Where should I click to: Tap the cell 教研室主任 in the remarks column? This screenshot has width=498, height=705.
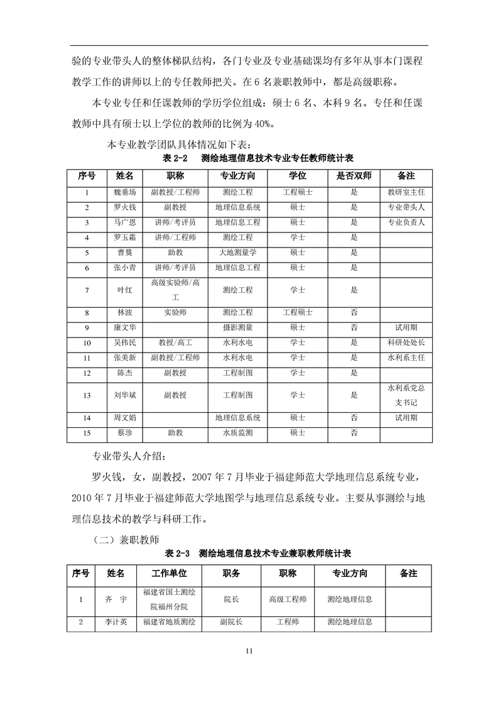(x=406, y=193)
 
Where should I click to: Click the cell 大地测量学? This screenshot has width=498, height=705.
(x=238, y=253)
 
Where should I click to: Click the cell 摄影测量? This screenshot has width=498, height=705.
(x=238, y=327)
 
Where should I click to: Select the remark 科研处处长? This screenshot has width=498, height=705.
(x=406, y=342)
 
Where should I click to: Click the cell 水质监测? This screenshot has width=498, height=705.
(x=238, y=432)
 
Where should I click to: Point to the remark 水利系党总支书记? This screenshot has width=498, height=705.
(x=406, y=395)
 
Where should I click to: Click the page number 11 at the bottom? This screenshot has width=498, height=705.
(x=249, y=650)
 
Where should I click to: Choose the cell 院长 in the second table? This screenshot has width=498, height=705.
(x=231, y=599)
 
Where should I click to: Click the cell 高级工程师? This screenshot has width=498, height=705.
(x=288, y=599)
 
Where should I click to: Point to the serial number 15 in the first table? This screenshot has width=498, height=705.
(x=87, y=432)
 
